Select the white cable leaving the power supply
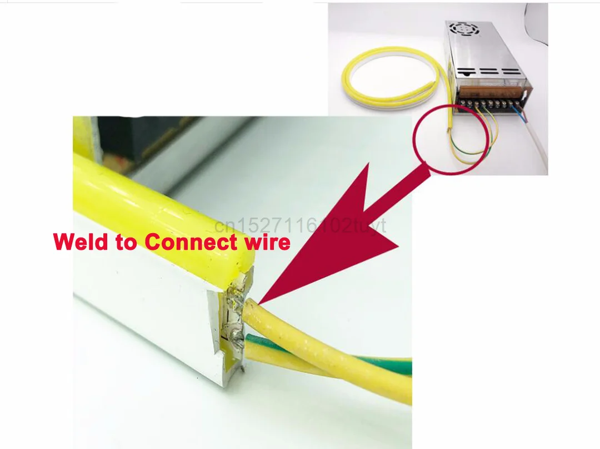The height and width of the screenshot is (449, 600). (539, 145)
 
